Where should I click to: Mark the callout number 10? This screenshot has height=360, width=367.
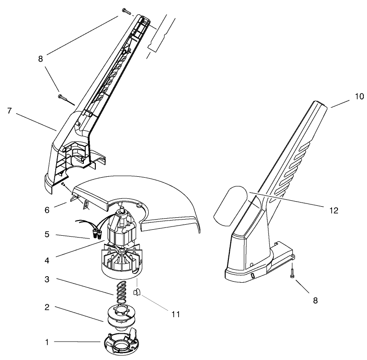tap(359, 96)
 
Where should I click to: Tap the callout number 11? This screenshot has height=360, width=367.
tap(175, 314)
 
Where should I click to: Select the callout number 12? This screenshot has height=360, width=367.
tap(333, 210)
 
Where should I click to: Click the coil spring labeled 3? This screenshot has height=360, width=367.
tap(121, 292)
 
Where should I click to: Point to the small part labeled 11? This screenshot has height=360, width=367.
tap(137, 291)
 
